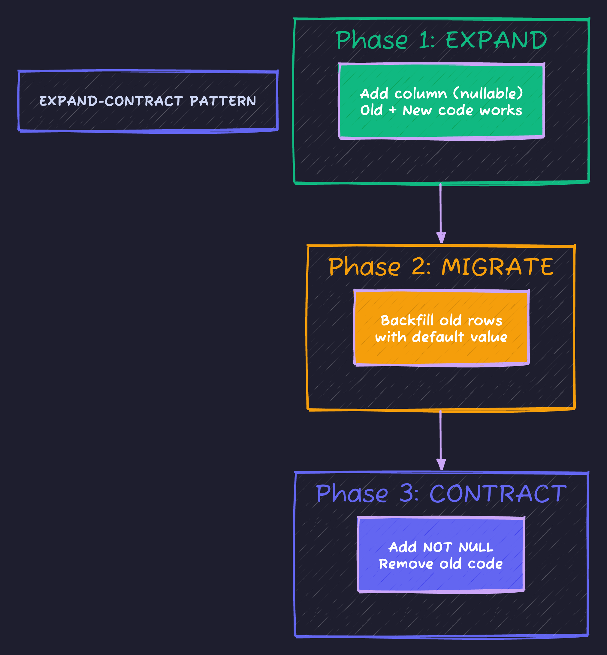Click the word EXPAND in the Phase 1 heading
click(496, 40)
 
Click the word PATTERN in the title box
click(223, 101)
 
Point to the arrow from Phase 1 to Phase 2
click(440, 213)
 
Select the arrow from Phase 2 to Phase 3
click(440, 440)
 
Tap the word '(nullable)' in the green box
click(488, 94)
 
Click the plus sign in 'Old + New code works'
click(393, 110)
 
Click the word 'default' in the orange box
click(438, 337)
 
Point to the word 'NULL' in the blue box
click(476, 547)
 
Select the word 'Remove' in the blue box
click(406, 564)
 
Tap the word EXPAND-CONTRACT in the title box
click(111, 101)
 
